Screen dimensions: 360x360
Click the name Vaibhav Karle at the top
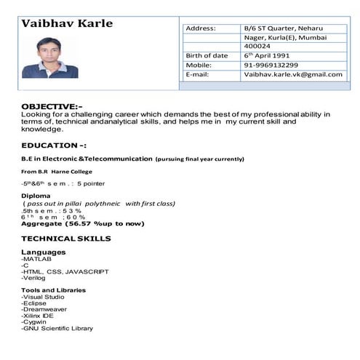pos(67,23)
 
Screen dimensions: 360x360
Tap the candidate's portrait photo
pos(50,57)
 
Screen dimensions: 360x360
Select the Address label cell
pos(201,28)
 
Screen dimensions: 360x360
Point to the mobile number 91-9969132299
pos(271,65)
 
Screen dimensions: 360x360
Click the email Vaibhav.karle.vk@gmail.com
pos(293,75)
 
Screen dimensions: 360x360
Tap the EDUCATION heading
pos(54,145)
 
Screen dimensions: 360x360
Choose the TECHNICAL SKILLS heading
pos(65,238)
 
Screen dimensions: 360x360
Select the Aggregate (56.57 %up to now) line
pos(78,224)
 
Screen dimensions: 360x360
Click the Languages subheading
pos(44,252)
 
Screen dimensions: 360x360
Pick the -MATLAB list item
pos(37,259)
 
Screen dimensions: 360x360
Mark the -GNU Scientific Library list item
pos(57,328)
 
